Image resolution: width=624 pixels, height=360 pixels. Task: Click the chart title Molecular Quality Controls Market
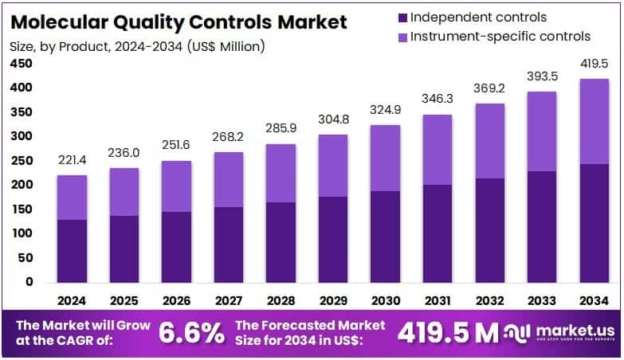[x=179, y=22]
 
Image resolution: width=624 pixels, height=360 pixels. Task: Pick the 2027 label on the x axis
[x=229, y=300]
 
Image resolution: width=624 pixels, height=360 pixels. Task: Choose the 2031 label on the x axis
[x=438, y=300]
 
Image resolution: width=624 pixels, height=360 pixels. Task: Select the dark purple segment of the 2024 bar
[x=73, y=250]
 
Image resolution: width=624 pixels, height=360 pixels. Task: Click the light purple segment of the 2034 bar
[x=594, y=121]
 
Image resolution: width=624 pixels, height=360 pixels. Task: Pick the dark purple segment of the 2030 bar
[x=385, y=236]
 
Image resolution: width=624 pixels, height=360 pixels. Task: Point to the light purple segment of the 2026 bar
[x=176, y=186]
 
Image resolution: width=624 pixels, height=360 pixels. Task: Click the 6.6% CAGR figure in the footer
[x=192, y=333]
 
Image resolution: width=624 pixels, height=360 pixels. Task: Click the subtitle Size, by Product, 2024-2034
[x=135, y=46]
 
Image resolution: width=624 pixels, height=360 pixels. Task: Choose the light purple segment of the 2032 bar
[x=489, y=141]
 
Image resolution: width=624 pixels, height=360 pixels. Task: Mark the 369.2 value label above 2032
[x=489, y=90]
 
